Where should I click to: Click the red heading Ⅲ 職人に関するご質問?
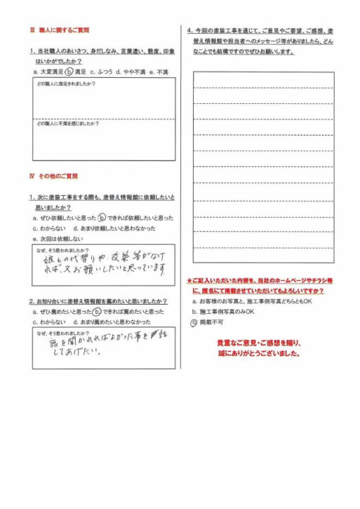(x=64, y=31)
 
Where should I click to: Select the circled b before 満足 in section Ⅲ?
(x=69, y=72)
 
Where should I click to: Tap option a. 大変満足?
(x=48, y=72)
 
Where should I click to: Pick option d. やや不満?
(x=130, y=72)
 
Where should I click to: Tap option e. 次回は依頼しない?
(x=58, y=240)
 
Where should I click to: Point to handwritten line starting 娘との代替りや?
(x=106, y=257)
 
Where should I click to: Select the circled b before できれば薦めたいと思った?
(x=96, y=311)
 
